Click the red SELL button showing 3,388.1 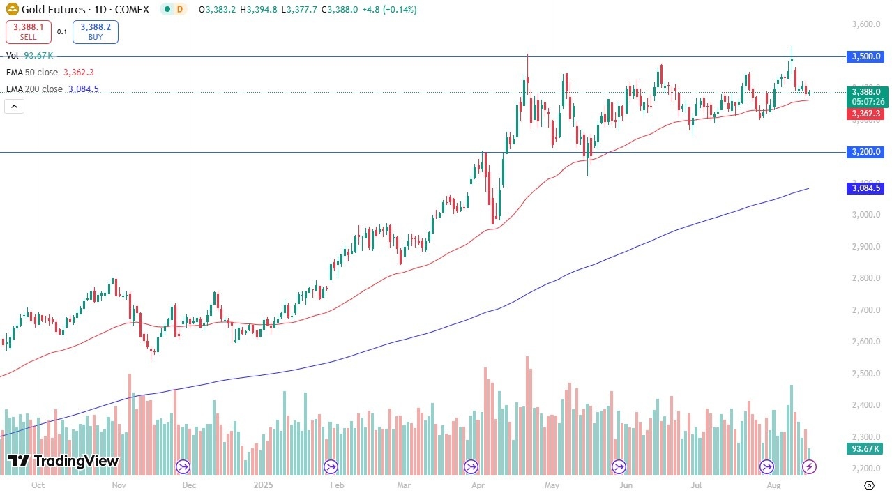pyautogui.click(x=29, y=31)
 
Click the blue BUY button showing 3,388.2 pyautogui.click(x=96, y=31)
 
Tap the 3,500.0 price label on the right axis pyautogui.click(x=865, y=56)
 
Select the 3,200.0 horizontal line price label pyautogui.click(x=865, y=152)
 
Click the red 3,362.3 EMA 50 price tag pyautogui.click(x=865, y=114)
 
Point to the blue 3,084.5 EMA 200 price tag pyautogui.click(x=865, y=188)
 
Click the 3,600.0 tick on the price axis pyautogui.click(x=865, y=24)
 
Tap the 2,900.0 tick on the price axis pyautogui.click(x=865, y=247)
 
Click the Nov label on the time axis pyautogui.click(x=118, y=485)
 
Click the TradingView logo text pyautogui.click(x=63, y=461)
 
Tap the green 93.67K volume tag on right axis pyautogui.click(x=865, y=449)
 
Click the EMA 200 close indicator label pyautogui.click(x=36, y=89)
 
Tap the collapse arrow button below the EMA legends pyautogui.click(x=14, y=107)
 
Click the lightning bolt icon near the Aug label pyautogui.click(x=810, y=466)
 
